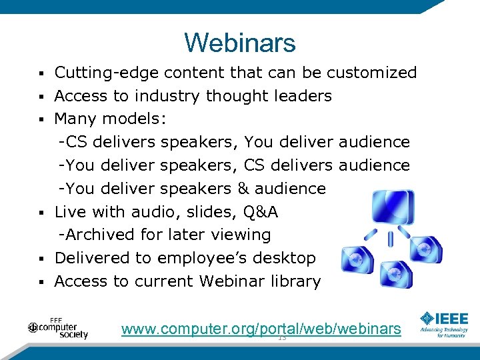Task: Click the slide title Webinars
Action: [x=239, y=43]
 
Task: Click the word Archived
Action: [x=100, y=235]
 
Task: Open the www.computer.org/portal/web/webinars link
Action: [x=261, y=328]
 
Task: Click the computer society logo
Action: [x=58, y=327]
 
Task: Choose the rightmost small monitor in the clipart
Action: [x=425, y=248]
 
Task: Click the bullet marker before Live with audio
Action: [x=41, y=213]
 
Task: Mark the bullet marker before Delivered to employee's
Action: [x=41, y=259]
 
